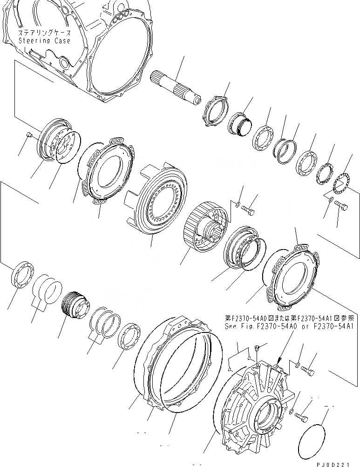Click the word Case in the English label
[x=62, y=41]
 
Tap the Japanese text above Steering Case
[x=44, y=33]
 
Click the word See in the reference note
[x=231, y=326]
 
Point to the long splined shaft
[x=175, y=88]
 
